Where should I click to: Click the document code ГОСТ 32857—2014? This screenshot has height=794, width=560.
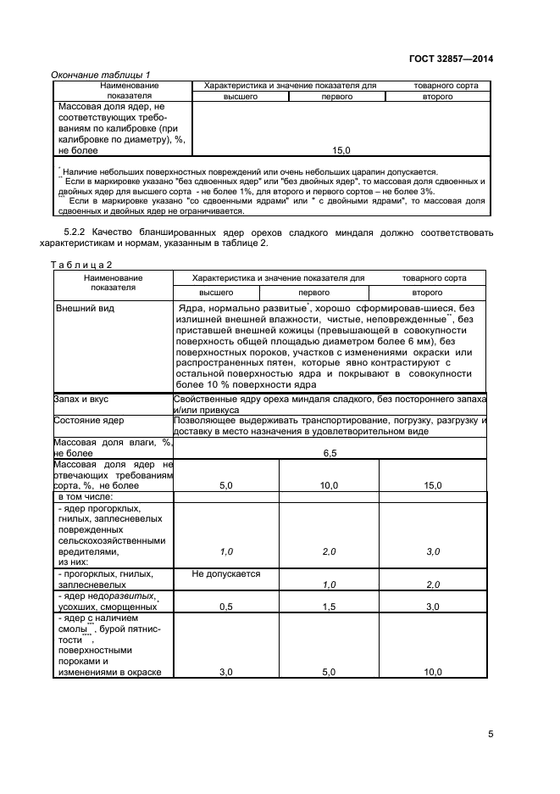(x=450, y=59)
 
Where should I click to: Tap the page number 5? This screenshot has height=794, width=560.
(x=491, y=735)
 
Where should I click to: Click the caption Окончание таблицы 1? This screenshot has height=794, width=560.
(x=102, y=75)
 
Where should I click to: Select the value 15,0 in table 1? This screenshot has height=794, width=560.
(x=341, y=150)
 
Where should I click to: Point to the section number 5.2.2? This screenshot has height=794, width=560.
(x=80, y=232)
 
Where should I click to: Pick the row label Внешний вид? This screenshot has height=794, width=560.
(x=85, y=308)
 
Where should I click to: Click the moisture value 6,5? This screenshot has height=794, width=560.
(x=330, y=454)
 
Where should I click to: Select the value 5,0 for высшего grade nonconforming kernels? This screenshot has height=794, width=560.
(x=226, y=485)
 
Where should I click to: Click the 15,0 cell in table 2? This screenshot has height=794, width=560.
(x=432, y=485)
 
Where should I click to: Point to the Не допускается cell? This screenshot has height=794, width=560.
(x=226, y=574)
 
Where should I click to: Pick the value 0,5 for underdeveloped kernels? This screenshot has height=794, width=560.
(x=226, y=607)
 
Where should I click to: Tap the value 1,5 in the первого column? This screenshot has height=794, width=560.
(x=329, y=607)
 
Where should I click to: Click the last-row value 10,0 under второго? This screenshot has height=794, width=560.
(x=432, y=672)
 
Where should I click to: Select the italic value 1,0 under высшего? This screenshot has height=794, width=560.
(x=226, y=551)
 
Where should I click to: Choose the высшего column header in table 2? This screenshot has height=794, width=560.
(x=227, y=290)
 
